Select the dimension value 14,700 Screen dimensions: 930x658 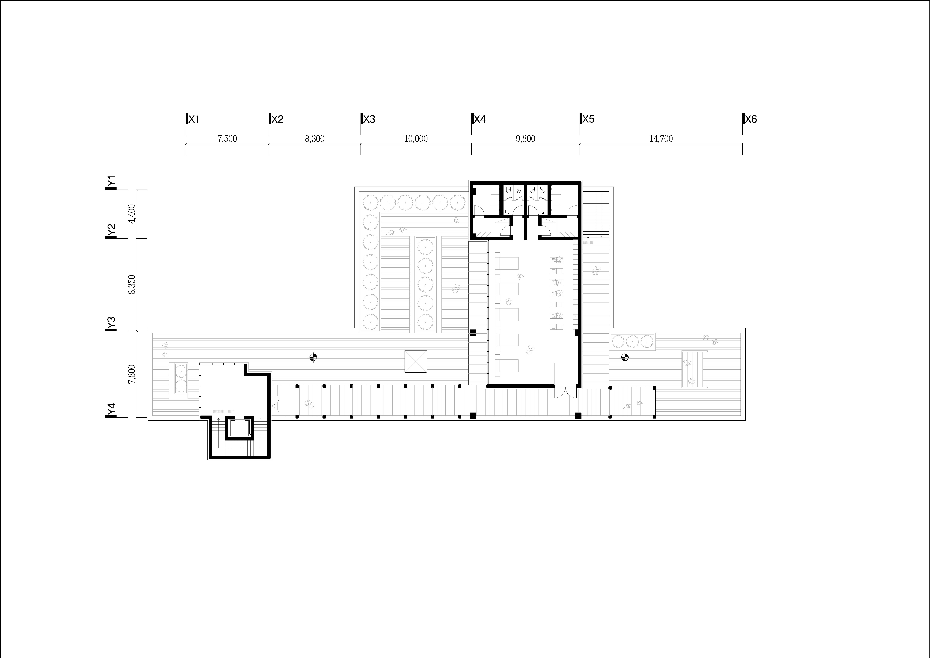tap(661, 139)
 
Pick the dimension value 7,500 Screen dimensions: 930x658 tap(227, 139)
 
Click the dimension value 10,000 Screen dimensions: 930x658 tap(416, 139)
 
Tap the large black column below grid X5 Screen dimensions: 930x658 tap(578, 416)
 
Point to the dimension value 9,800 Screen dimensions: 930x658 tap(525, 139)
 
